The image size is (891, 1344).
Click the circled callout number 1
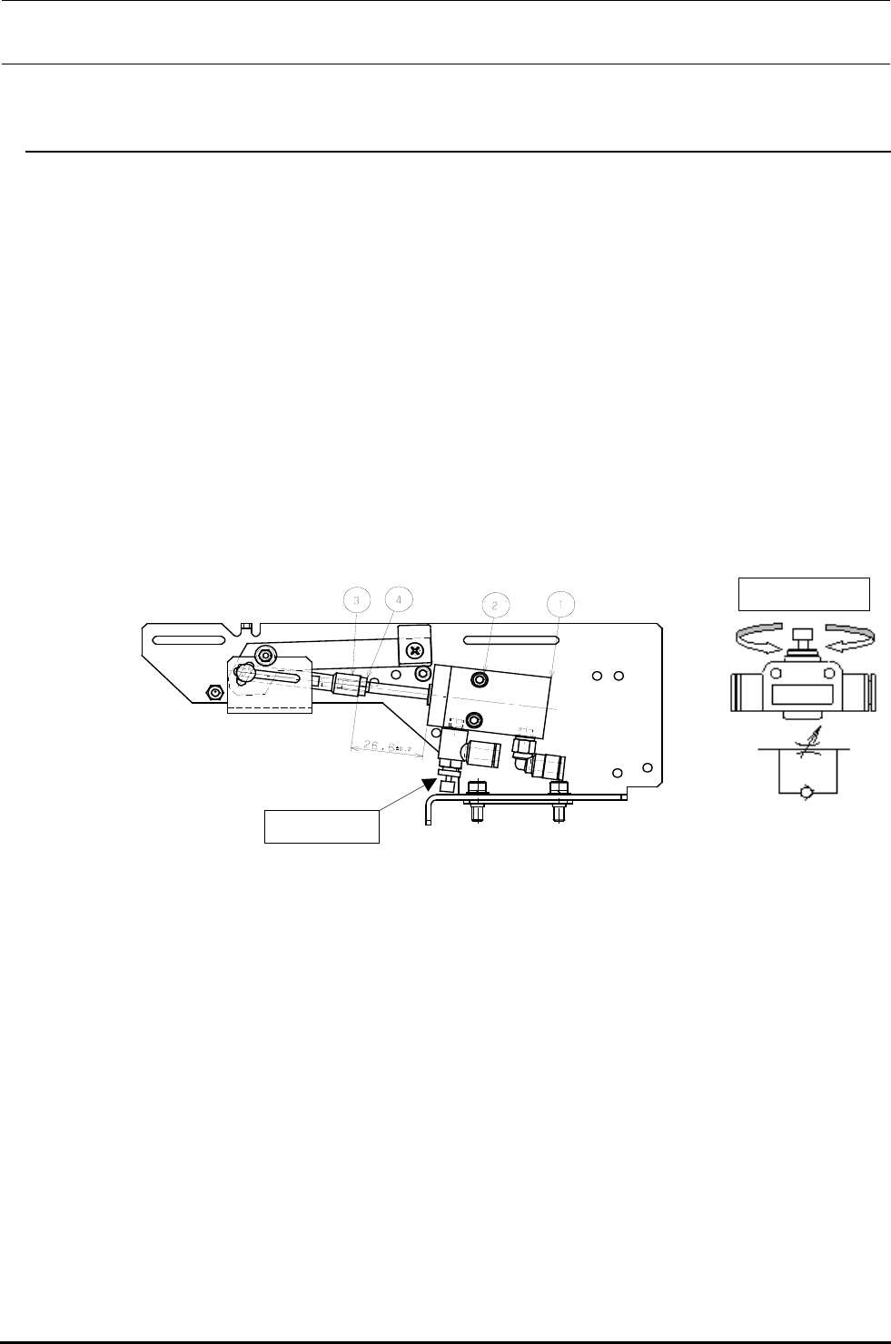562,603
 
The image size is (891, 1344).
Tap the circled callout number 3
357,600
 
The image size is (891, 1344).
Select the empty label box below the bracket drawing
321,825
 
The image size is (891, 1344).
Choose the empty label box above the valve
804,593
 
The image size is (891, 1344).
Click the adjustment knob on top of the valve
802,638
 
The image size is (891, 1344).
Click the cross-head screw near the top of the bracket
415,650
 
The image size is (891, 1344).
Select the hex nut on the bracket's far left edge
215,692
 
